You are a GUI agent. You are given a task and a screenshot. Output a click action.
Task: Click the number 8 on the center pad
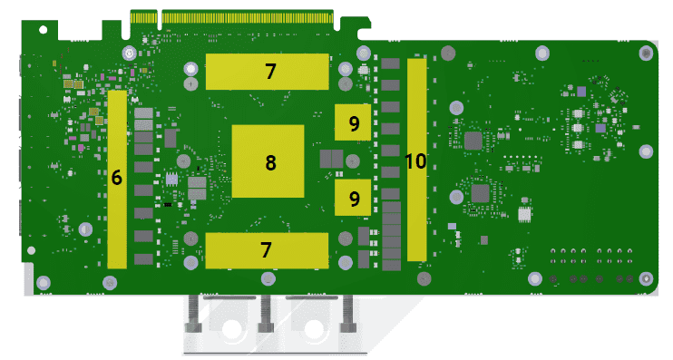pos(270,162)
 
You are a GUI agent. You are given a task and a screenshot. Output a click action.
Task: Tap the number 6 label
pos(117,177)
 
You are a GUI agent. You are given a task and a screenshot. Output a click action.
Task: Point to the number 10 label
pos(415,161)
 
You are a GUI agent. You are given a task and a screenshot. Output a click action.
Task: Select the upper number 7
pos(270,72)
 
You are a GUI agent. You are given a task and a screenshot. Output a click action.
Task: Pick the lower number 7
pos(266,249)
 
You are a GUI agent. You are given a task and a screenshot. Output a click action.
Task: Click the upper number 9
pos(354,123)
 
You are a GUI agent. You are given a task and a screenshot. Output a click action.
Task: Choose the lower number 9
pos(354,199)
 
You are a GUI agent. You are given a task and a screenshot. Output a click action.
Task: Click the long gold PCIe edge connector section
pos(248,17)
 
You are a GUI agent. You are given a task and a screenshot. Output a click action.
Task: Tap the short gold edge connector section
pos(144,17)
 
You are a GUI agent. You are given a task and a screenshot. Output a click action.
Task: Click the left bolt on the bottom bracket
pos(192,315)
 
